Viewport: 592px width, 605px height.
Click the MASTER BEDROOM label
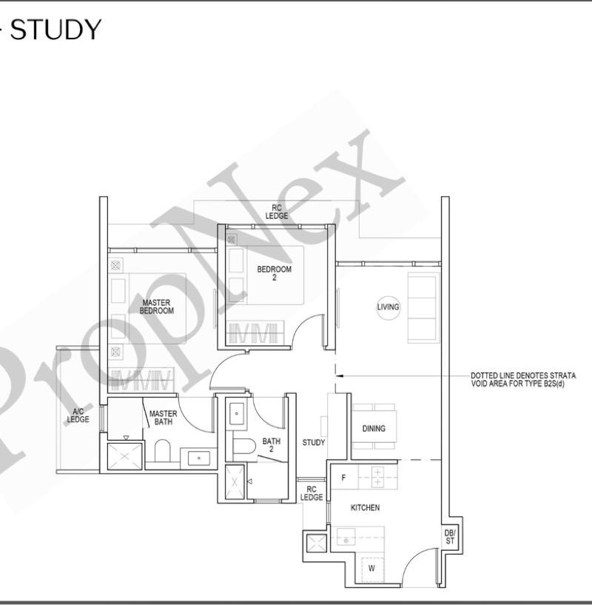156,307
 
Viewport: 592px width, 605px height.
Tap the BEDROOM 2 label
274,273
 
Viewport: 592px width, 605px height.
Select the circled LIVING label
388,307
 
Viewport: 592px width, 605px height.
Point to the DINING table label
374,429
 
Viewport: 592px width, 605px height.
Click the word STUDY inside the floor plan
314,443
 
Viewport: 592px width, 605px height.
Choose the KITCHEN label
365,508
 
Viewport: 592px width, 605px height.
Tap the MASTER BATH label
163,418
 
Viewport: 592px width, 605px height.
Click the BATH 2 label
271,445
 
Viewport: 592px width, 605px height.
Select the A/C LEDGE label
78,415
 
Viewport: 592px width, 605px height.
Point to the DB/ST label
449,536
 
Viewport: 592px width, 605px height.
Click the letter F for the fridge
343,478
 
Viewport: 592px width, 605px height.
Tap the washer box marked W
371,568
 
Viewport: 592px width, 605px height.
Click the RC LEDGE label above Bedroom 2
277,212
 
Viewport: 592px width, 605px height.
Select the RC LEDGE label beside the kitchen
312,493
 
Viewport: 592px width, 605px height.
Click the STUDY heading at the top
55,30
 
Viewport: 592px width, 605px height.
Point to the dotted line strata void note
522,379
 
